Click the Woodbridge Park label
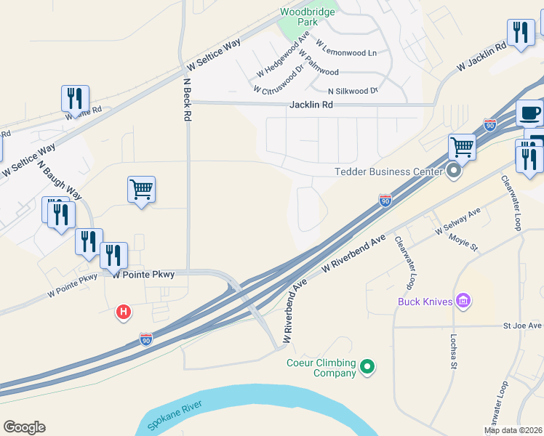[308, 17]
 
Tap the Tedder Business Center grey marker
[455, 171]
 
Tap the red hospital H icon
[124, 312]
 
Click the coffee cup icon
[529, 113]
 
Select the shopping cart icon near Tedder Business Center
[462, 148]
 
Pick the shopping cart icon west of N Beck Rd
[141, 190]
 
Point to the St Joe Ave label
[523, 326]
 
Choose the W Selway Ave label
[458, 221]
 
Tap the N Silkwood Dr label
[353, 91]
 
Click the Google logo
[24, 427]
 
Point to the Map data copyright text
[513, 430]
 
